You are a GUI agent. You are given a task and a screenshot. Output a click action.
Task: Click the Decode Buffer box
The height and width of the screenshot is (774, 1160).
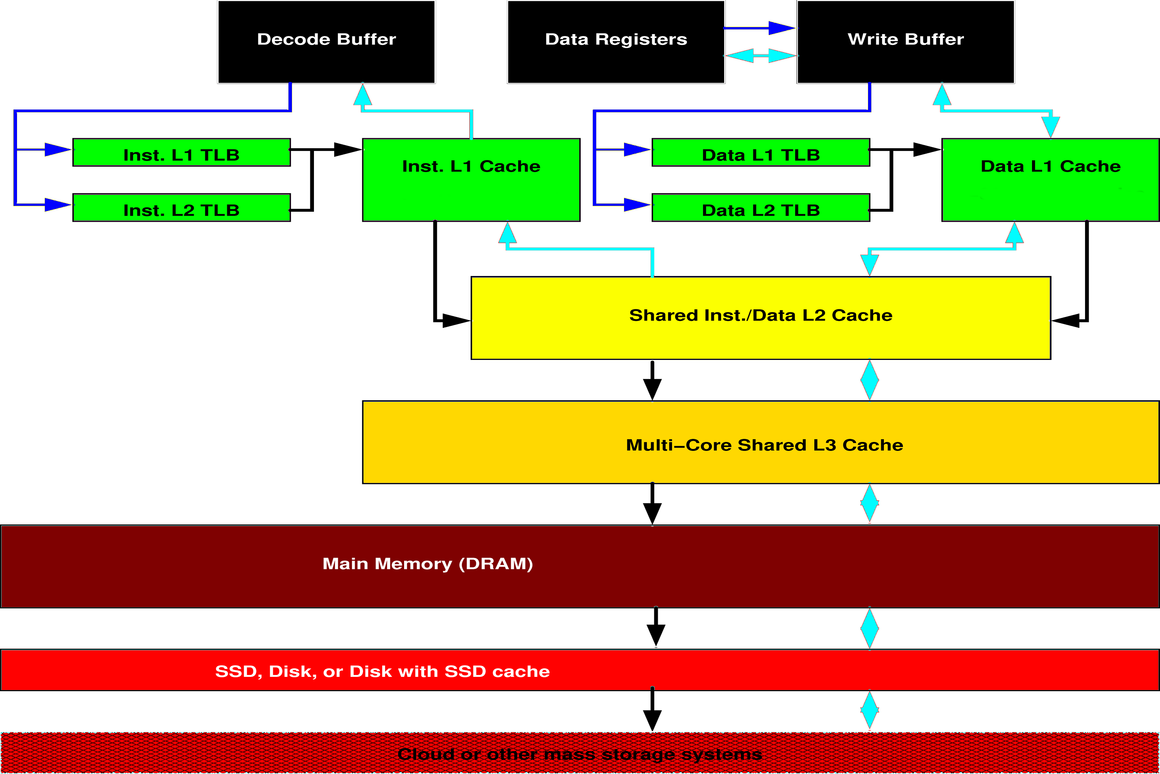coord(326,41)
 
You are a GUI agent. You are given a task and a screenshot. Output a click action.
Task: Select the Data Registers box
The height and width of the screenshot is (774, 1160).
coord(616,41)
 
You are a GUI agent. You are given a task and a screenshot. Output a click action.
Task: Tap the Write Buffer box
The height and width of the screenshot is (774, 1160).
coord(906,41)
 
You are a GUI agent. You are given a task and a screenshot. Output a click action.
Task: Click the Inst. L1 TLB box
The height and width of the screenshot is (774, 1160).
coord(181,152)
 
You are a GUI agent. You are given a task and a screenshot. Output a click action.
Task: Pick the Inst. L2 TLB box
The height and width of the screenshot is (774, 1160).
coord(181,208)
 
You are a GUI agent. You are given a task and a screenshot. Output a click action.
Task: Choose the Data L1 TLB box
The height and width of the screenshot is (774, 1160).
coord(761,152)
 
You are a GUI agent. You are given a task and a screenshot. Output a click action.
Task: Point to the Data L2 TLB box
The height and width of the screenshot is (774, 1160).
coord(761,208)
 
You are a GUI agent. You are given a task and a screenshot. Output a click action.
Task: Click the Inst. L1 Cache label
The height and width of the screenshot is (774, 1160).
coord(471,166)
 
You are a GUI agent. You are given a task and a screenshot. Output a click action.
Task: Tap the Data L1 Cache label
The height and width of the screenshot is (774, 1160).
coord(1051,166)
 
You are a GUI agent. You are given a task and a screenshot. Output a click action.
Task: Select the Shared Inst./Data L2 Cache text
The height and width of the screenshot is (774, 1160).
coord(761,315)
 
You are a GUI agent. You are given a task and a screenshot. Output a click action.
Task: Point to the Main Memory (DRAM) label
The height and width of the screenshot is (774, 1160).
coord(428,564)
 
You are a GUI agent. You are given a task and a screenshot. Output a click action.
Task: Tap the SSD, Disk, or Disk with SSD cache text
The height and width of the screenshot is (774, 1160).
coord(382,671)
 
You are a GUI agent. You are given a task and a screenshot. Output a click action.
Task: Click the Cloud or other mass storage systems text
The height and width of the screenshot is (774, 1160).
coord(580,754)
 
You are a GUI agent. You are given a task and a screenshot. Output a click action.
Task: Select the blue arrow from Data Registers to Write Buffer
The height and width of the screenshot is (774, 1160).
coord(759,28)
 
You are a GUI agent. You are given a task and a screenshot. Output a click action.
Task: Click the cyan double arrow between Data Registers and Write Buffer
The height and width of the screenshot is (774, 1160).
coord(761,56)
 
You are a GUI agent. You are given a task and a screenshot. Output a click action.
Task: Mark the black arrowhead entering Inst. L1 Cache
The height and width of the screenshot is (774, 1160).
coord(348,149)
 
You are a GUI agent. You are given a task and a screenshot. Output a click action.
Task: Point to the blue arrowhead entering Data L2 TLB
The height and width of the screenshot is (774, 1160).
coord(636,204)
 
